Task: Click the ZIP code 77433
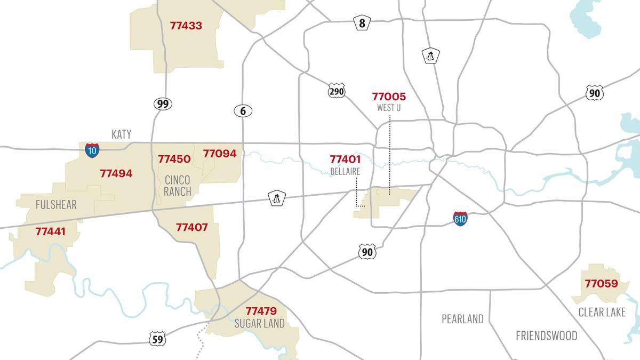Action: tap(186, 26)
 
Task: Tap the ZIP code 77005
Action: tap(389, 97)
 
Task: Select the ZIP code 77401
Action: tap(345, 159)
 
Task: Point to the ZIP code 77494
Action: tap(116, 173)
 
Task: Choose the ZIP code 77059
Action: tap(601, 284)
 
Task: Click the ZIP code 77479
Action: tap(261, 311)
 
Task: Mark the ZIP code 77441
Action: tap(51, 231)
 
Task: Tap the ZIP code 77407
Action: tap(192, 228)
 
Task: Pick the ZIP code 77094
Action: tap(220, 154)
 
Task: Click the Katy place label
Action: tap(121, 134)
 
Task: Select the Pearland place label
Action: tap(462, 319)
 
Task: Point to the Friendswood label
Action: tap(546, 335)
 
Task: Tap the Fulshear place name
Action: tap(56, 205)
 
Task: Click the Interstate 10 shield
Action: tap(92, 150)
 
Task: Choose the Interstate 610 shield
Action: tap(461, 219)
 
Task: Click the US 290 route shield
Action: tap(337, 91)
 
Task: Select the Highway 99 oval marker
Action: tap(163, 103)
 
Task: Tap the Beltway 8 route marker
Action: tap(362, 23)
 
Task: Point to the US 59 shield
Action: tap(157, 339)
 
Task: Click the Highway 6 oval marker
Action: tap(243, 111)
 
